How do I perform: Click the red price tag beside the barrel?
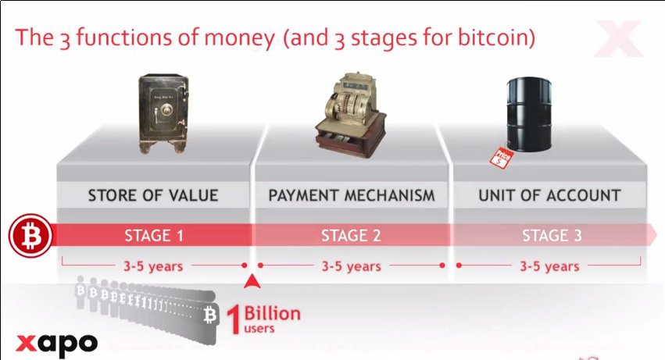point(499,157)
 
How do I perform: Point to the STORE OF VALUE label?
point(153,195)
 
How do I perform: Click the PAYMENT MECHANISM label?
point(351,195)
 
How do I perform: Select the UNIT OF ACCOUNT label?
point(549,195)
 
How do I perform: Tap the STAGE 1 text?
point(153,235)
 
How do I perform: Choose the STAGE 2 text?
point(351,235)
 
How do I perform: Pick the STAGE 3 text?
point(551,235)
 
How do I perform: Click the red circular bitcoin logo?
point(30,235)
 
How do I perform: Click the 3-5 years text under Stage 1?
point(153,266)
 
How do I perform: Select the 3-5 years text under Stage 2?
point(351,266)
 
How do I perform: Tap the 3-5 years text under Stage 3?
point(550,266)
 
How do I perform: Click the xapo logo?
point(57,342)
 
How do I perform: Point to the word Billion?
point(272,313)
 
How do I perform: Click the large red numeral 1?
point(233,320)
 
